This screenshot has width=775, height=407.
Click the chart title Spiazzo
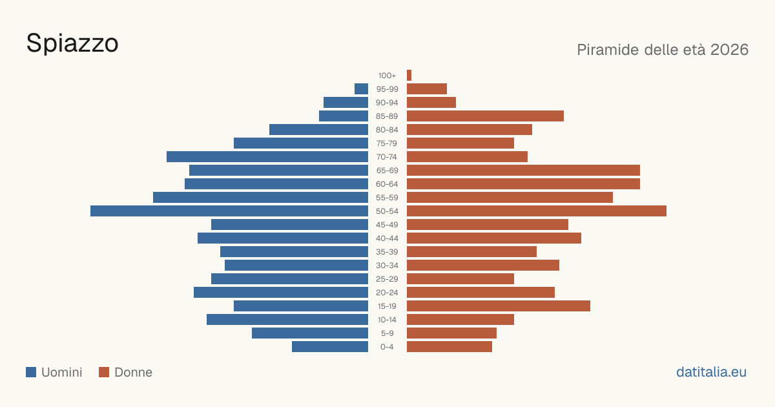[72, 44]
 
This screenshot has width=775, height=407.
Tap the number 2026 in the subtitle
[729, 50]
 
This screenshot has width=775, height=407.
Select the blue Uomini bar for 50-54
[229, 211]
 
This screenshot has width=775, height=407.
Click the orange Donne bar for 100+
[409, 76]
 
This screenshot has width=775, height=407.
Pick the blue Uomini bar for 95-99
[361, 89]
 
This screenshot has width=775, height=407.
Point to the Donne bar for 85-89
[485, 116]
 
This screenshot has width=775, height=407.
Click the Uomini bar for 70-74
[267, 157]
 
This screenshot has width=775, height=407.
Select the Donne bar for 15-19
[499, 306]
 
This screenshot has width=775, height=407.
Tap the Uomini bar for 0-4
[330, 347]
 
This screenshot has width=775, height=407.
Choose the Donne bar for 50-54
[537, 211]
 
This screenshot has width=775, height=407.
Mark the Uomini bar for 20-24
[281, 293]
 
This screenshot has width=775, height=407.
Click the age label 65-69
[387, 171]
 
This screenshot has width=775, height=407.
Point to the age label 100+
[387, 76]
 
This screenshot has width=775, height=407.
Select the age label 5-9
[387, 333]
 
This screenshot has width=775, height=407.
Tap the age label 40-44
[387, 238]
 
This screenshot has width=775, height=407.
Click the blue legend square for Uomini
[31, 372]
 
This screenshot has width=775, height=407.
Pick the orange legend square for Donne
[104, 372]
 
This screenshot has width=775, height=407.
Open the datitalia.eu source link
[711, 372]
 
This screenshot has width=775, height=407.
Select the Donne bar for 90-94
[431, 103]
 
